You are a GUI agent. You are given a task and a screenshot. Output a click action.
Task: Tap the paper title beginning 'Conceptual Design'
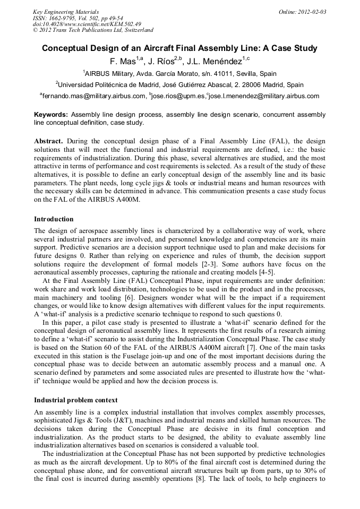179,48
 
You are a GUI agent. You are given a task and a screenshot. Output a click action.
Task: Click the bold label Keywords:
51,114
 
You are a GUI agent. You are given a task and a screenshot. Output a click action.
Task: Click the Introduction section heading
54,219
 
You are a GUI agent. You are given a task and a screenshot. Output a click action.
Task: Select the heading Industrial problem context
76,400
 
